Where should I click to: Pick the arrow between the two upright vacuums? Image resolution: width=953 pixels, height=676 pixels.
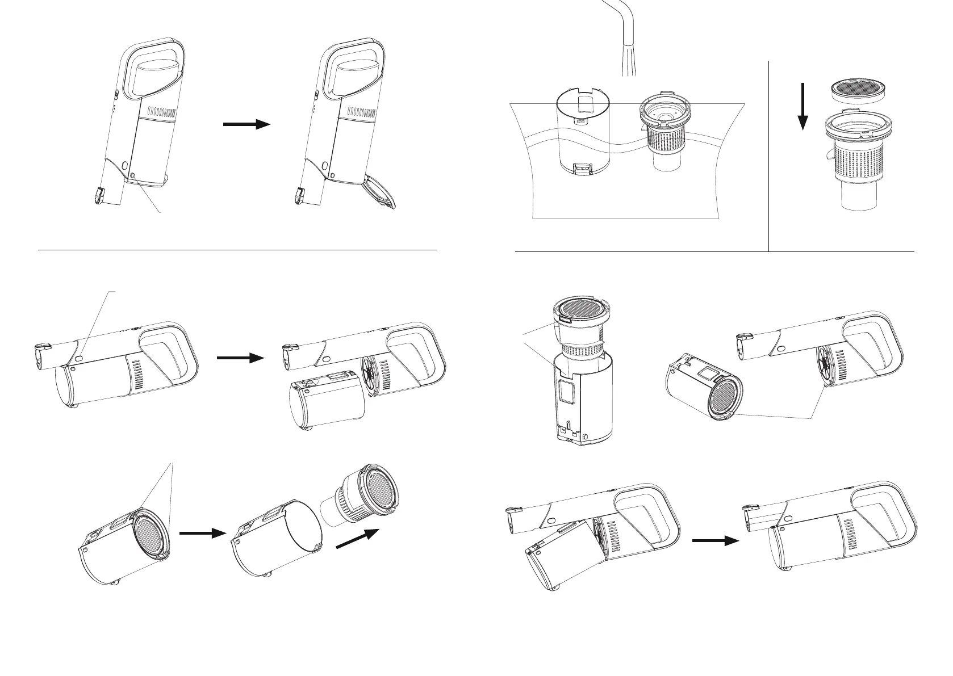pyautogui.click(x=246, y=124)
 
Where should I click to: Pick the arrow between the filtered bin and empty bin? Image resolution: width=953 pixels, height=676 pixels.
pyautogui.click(x=199, y=533)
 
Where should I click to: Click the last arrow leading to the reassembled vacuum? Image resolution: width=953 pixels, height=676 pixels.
pyautogui.click(x=715, y=541)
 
